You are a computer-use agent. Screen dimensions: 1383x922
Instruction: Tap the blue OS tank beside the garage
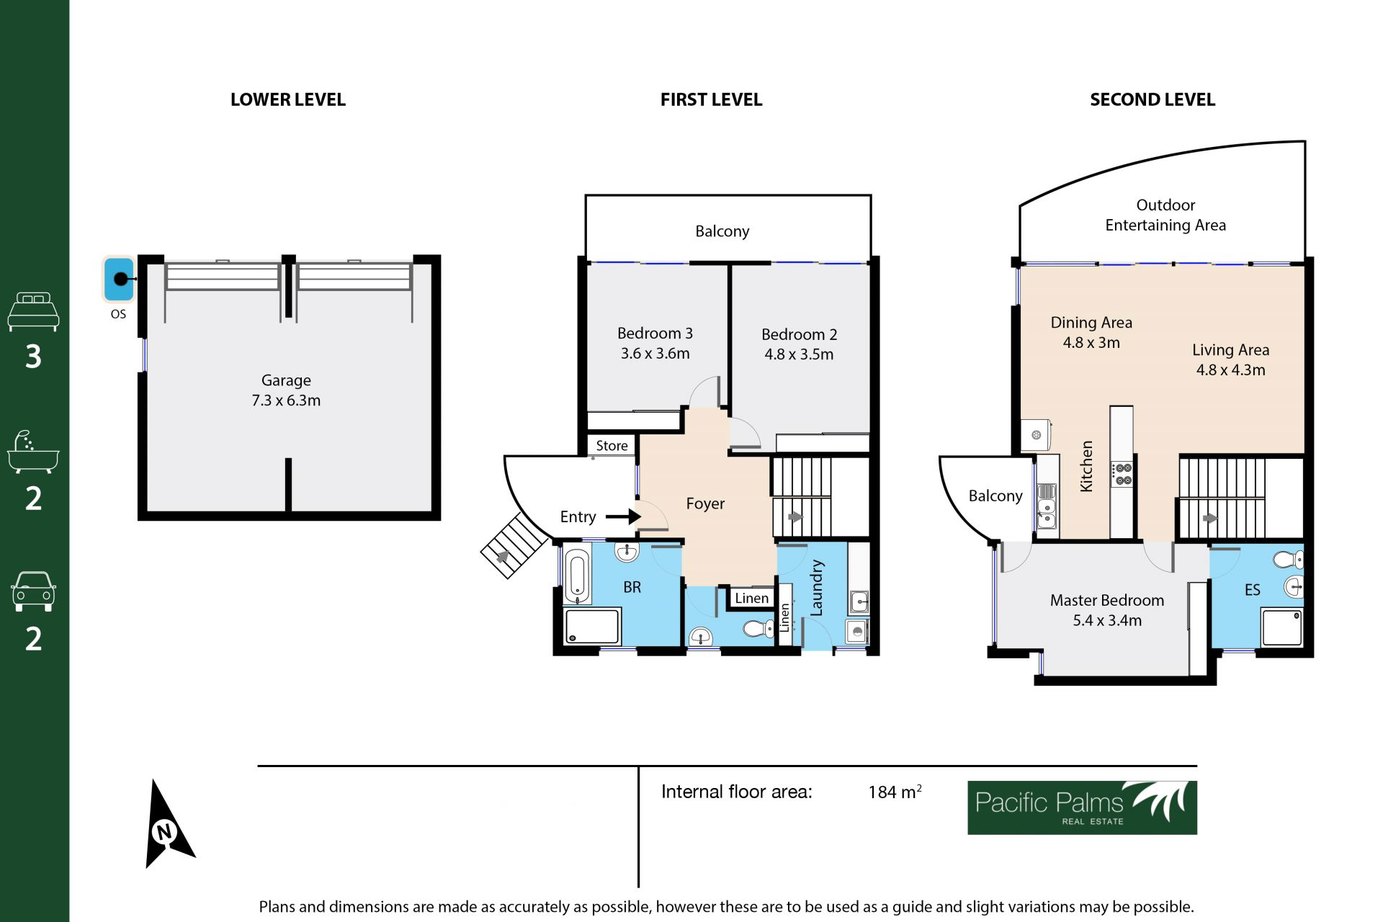[x=119, y=279]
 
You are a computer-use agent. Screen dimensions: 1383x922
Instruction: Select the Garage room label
[x=286, y=380]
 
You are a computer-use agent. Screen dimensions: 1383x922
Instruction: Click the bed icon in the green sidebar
[x=33, y=311]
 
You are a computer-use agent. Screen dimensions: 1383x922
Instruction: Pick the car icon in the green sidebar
[x=33, y=592]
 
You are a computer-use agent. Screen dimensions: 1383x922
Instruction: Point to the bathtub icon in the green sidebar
[x=33, y=452]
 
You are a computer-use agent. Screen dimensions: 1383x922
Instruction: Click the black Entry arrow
[x=623, y=516]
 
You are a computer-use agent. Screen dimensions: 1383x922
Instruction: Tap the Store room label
[x=612, y=446]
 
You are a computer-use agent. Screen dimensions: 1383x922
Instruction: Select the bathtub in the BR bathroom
[x=577, y=576]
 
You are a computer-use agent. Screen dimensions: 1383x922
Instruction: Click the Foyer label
[x=705, y=503]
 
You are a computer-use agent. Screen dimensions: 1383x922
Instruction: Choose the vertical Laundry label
[x=816, y=588]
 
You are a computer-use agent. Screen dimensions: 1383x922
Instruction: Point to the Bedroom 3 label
[x=655, y=334]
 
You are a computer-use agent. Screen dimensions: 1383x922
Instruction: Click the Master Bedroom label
[x=1107, y=600]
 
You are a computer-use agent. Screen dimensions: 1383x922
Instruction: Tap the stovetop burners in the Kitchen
[x=1123, y=474]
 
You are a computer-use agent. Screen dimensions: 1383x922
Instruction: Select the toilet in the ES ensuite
[x=1289, y=559]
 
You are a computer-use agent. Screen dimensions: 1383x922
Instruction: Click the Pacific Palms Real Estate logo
[x=1082, y=807]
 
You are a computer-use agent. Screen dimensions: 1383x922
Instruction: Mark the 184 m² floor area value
[x=895, y=792]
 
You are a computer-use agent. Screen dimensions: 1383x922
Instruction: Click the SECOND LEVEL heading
[x=1152, y=99]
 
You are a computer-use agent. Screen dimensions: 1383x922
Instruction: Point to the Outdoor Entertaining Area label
[x=1165, y=215]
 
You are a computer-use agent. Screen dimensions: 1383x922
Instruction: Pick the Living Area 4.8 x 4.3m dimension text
[x=1230, y=370]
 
